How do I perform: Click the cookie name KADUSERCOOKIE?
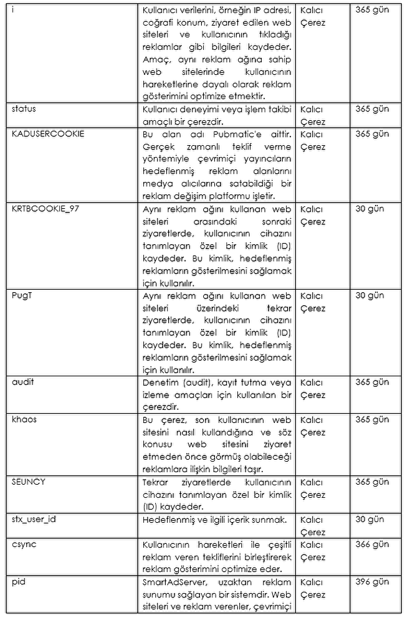(x=47, y=134)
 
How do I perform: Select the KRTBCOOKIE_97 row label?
(x=45, y=209)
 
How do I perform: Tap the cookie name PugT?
(x=22, y=296)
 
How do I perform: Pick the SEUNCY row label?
(x=29, y=482)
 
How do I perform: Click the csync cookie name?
(x=24, y=544)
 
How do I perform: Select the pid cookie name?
(x=18, y=582)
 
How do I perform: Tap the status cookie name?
(x=24, y=109)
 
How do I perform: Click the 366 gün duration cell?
(x=372, y=544)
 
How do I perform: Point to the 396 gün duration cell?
(x=372, y=582)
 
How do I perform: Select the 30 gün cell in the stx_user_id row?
(x=369, y=520)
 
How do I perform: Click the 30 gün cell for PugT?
(x=369, y=296)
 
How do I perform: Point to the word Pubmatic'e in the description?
(x=232, y=134)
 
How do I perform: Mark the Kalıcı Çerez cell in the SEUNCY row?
(x=313, y=488)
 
